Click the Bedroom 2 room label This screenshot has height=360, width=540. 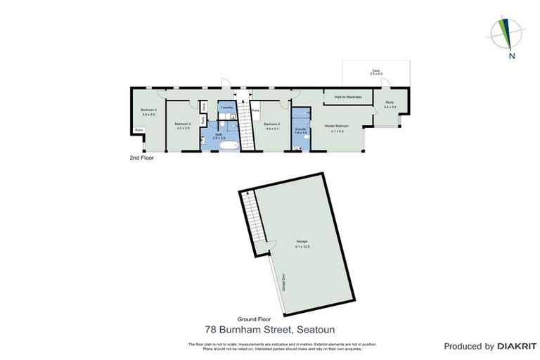point(148,110)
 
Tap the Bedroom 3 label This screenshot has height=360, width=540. point(183,124)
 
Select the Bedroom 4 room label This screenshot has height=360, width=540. point(272,124)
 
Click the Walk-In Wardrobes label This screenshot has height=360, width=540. point(343,96)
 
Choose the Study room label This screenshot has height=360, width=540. point(390,103)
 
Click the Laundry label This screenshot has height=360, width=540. point(226,108)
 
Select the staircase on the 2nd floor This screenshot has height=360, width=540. point(245,127)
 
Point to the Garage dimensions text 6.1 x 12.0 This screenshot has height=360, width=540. point(302,247)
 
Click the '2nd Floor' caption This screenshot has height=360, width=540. point(141,158)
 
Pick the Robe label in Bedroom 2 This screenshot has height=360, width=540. point(139,130)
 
